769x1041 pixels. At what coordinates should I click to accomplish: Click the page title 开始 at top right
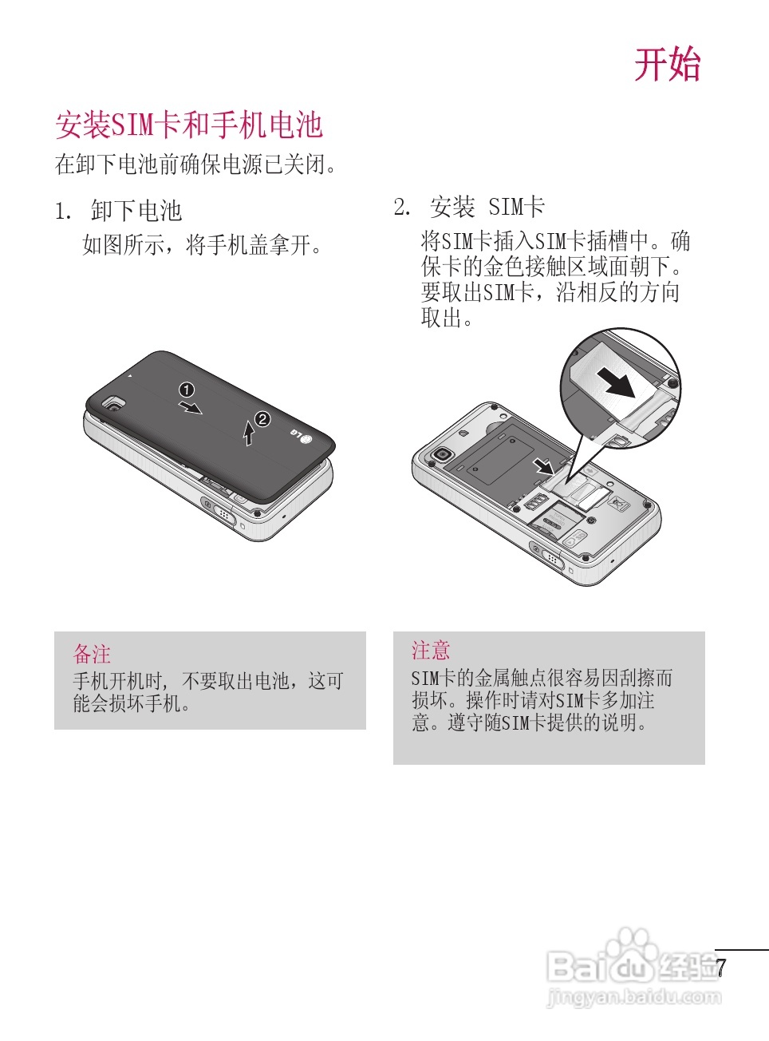click(667, 65)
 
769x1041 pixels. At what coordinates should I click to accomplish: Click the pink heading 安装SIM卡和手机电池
click(188, 125)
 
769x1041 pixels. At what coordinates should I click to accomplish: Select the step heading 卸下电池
click(136, 211)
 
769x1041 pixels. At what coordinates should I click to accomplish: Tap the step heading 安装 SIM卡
click(487, 208)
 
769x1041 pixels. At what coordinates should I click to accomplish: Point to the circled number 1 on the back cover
click(187, 390)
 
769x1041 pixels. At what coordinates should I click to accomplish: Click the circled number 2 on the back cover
click(262, 419)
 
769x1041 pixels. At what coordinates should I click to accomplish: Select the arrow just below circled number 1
click(191, 408)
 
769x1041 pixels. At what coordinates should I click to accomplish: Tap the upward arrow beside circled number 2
click(249, 433)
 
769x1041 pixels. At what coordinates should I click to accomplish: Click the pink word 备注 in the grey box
click(92, 655)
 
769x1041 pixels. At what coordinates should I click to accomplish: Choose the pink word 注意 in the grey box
click(431, 651)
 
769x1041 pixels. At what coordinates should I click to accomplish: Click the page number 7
click(721, 968)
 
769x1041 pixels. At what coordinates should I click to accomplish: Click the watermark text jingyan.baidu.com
click(634, 997)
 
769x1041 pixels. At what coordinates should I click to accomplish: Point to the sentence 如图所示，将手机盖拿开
click(203, 245)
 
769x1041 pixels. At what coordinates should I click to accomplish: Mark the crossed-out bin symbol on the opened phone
click(617, 504)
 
